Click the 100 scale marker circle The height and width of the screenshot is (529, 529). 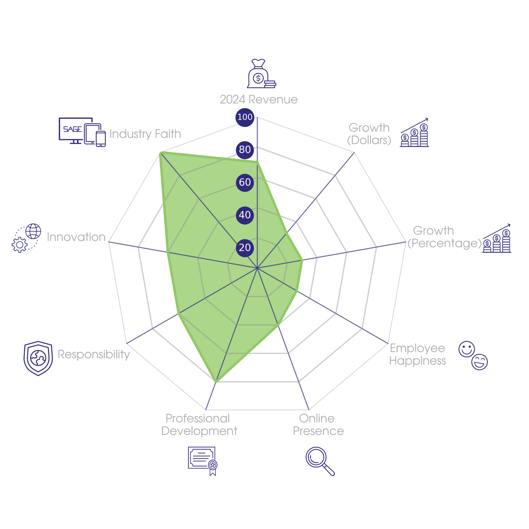245,117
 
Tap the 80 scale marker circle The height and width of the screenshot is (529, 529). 245,149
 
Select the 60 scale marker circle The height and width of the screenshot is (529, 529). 245,182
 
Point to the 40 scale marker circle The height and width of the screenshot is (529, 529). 245,215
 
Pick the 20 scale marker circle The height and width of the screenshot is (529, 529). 245,248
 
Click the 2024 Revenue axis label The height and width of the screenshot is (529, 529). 259,100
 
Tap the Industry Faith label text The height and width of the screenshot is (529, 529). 145,134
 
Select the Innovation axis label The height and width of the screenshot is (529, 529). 76,237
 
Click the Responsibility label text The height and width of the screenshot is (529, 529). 94,354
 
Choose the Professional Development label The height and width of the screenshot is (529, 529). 199,425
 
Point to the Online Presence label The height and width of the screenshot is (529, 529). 318,425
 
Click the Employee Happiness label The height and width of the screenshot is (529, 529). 417,354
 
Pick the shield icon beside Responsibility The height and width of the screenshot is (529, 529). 38,358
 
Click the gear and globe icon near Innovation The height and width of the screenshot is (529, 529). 26,238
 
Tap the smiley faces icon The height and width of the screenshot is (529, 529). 473,355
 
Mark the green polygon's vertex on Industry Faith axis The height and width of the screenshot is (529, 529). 160,152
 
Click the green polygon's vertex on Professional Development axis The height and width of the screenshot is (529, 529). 216,383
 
